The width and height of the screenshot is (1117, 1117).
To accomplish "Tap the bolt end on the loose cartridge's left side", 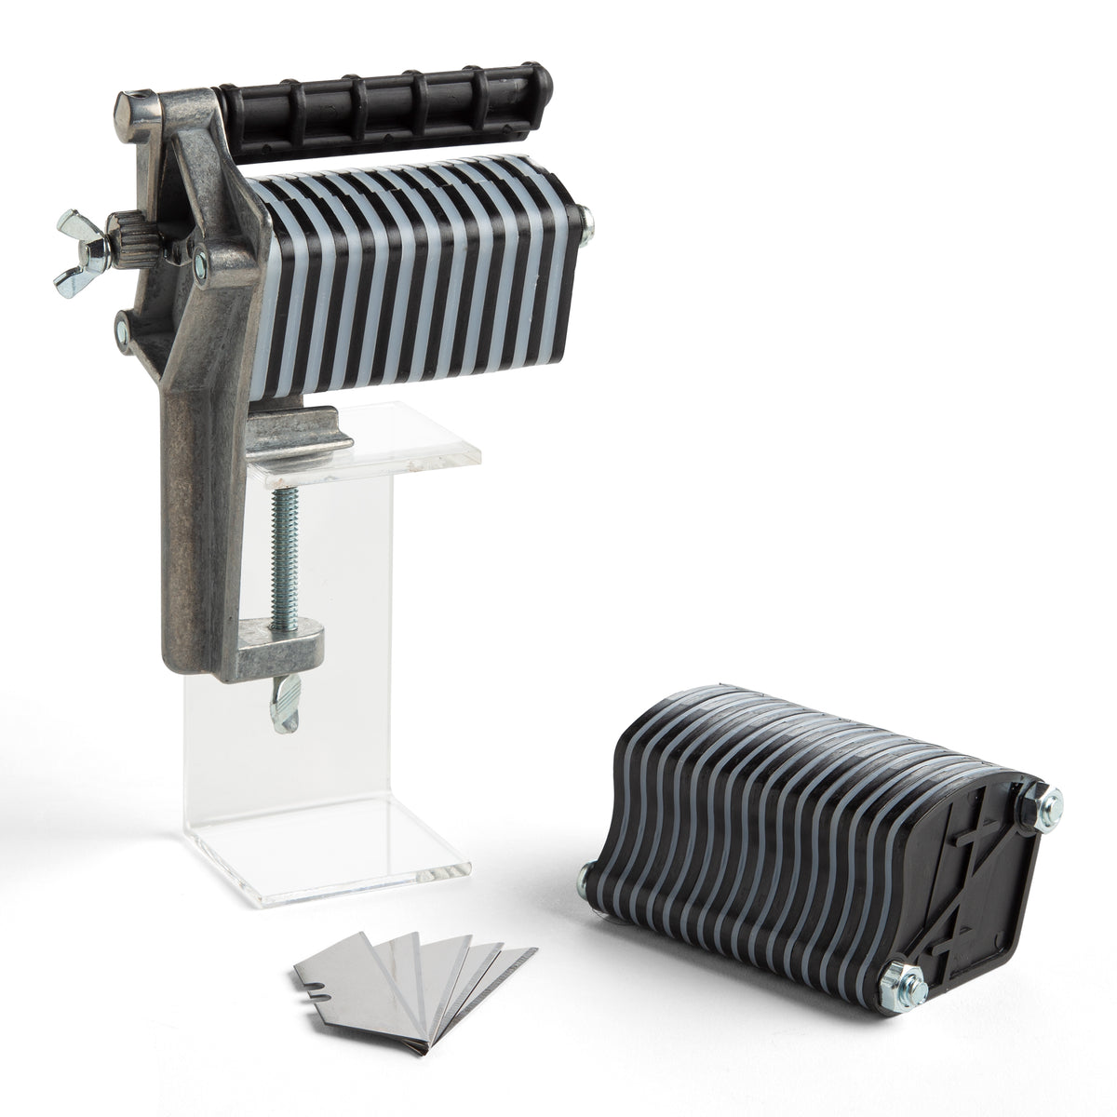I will coord(585,874).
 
